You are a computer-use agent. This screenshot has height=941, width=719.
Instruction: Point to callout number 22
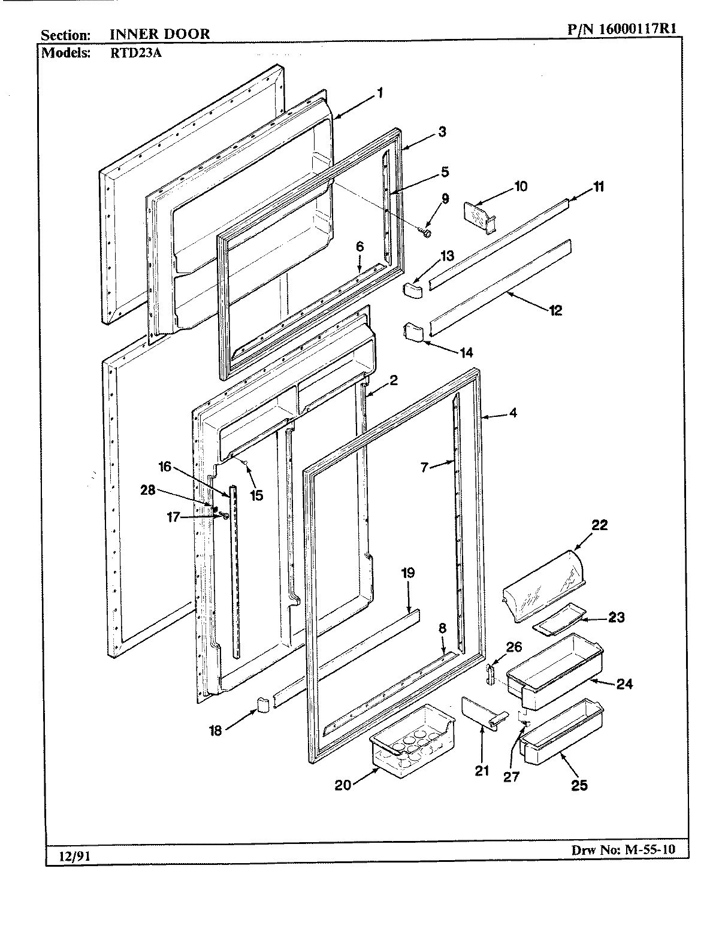tap(599, 525)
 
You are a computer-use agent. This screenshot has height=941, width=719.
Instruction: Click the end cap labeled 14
tap(413, 331)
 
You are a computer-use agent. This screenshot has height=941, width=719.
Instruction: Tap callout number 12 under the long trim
tap(555, 310)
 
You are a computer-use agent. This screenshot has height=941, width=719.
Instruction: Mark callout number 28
tap(147, 490)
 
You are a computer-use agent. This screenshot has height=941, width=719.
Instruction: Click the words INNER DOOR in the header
tap(159, 34)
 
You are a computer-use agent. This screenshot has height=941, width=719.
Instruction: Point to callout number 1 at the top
tap(379, 93)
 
